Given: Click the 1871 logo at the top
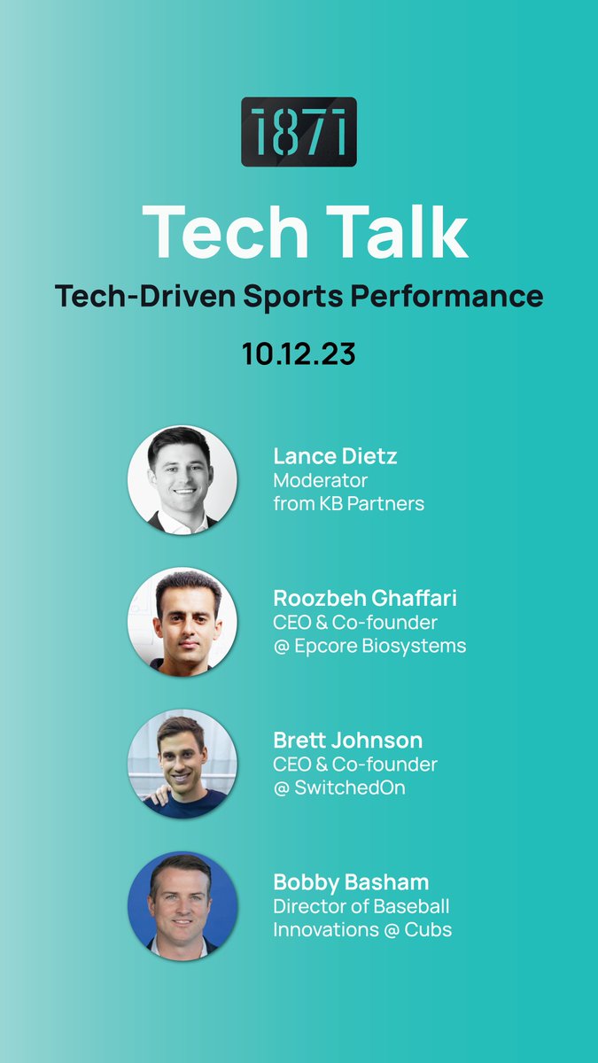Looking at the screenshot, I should click(x=299, y=132).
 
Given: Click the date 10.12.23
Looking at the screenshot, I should click(x=299, y=353).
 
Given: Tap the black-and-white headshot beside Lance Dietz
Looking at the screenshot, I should click(x=183, y=479).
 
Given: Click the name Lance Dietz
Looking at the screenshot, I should click(x=335, y=456).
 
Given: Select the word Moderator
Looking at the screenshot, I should click(x=320, y=480).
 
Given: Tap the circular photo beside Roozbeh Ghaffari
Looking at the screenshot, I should click(x=183, y=622).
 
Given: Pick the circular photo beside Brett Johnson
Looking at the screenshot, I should click(x=183, y=764).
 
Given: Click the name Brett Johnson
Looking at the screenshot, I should click(x=347, y=740).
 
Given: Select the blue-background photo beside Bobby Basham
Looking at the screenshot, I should click(x=183, y=905).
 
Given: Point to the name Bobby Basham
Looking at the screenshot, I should click(x=351, y=882).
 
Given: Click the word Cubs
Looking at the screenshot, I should click(x=429, y=930).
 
